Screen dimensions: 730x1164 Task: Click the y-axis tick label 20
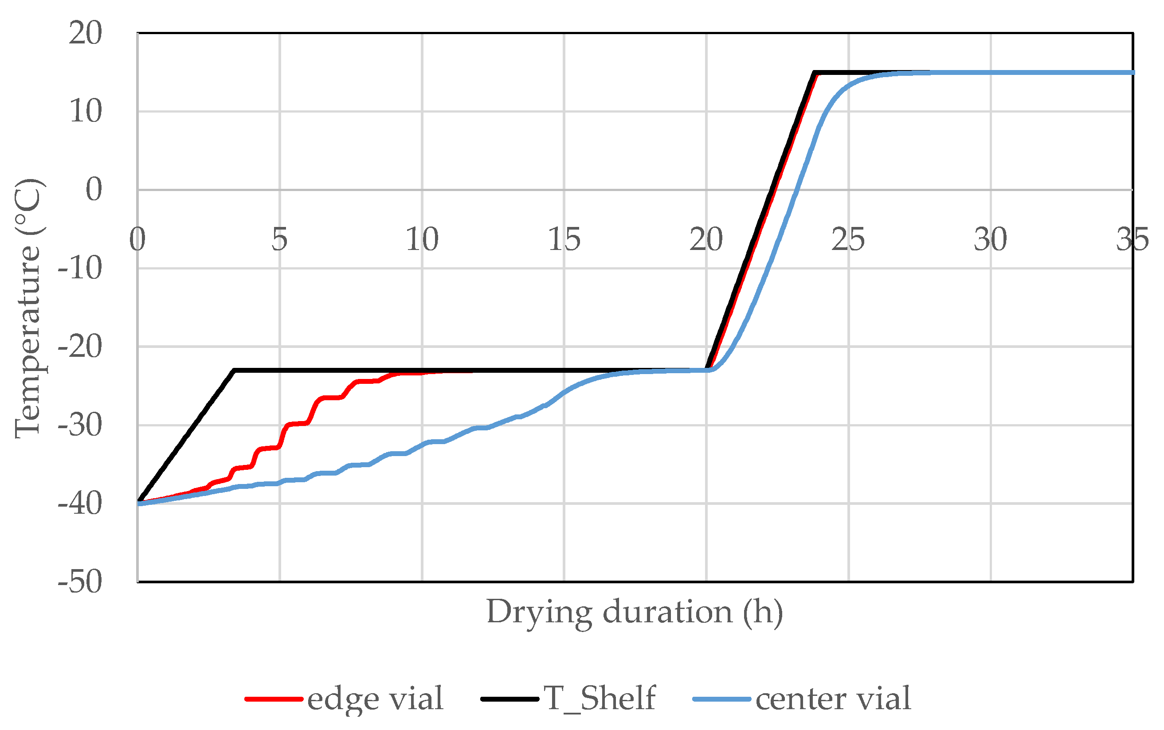pyautogui.click(x=85, y=34)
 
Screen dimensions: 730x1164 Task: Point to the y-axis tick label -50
pyautogui.click(x=80, y=582)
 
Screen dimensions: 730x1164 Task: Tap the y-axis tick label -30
pyautogui.click(x=80, y=426)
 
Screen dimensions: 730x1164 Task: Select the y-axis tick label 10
pyautogui.click(x=85, y=112)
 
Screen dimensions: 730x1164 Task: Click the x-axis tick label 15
pyautogui.click(x=564, y=239)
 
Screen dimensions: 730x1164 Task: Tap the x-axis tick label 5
pyautogui.click(x=279, y=239)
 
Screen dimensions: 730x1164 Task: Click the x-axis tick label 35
pyautogui.click(x=1132, y=239)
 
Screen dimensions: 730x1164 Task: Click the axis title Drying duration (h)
pyautogui.click(x=634, y=612)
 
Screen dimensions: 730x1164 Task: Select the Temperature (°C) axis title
pyautogui.click(x=28, y=308)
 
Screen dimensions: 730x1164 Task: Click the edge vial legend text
pyautogui.click(x=375, y=699)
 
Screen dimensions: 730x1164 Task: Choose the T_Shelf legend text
pyautogui.click(x=599, y=699)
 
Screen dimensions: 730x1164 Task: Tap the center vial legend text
pyautogui.click(x=833, y=699)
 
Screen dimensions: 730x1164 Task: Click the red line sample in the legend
pyautogui.click(x=273, y=699)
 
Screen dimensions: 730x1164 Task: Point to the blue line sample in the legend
pyautogui.click(x=721, y=699)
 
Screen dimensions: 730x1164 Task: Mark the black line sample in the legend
pyautogui.click(x=509, y=699)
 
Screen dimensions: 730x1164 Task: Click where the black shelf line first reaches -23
pyautogui.click(x=234, y=370)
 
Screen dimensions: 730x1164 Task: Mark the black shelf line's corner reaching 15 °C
pyautogui.click(x=815, y=73)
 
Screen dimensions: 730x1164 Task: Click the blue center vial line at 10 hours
pyautogui.click(x=422, y=445)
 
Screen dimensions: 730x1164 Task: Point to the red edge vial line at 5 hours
pyautogui.click(x=279, y=445)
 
